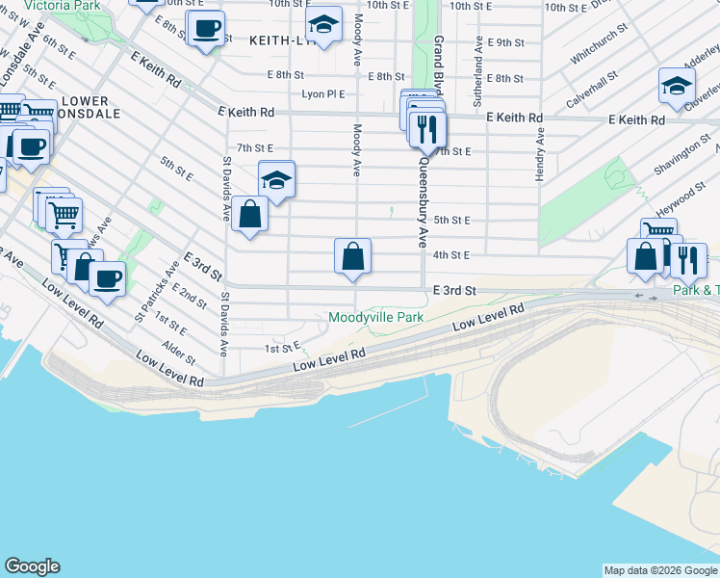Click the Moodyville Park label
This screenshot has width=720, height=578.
[375, 316]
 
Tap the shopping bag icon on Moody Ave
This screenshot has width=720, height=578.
[353, 257]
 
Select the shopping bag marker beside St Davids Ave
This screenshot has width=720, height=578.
[249, 216]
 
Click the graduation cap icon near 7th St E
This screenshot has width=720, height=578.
[276, 180]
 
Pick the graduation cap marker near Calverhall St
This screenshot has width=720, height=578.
[677, 87]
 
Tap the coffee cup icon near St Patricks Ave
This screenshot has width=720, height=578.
[107, 279]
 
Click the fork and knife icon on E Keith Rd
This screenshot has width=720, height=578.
[426, 128]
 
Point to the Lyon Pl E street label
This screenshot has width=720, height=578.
[324, 94]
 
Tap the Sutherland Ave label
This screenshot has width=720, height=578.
[476, 73]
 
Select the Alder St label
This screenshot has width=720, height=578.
[179, 354]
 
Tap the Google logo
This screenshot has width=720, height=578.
[32, 566]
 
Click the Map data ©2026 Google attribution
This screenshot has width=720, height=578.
[659, 570]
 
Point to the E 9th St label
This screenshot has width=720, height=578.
[505, 42]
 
